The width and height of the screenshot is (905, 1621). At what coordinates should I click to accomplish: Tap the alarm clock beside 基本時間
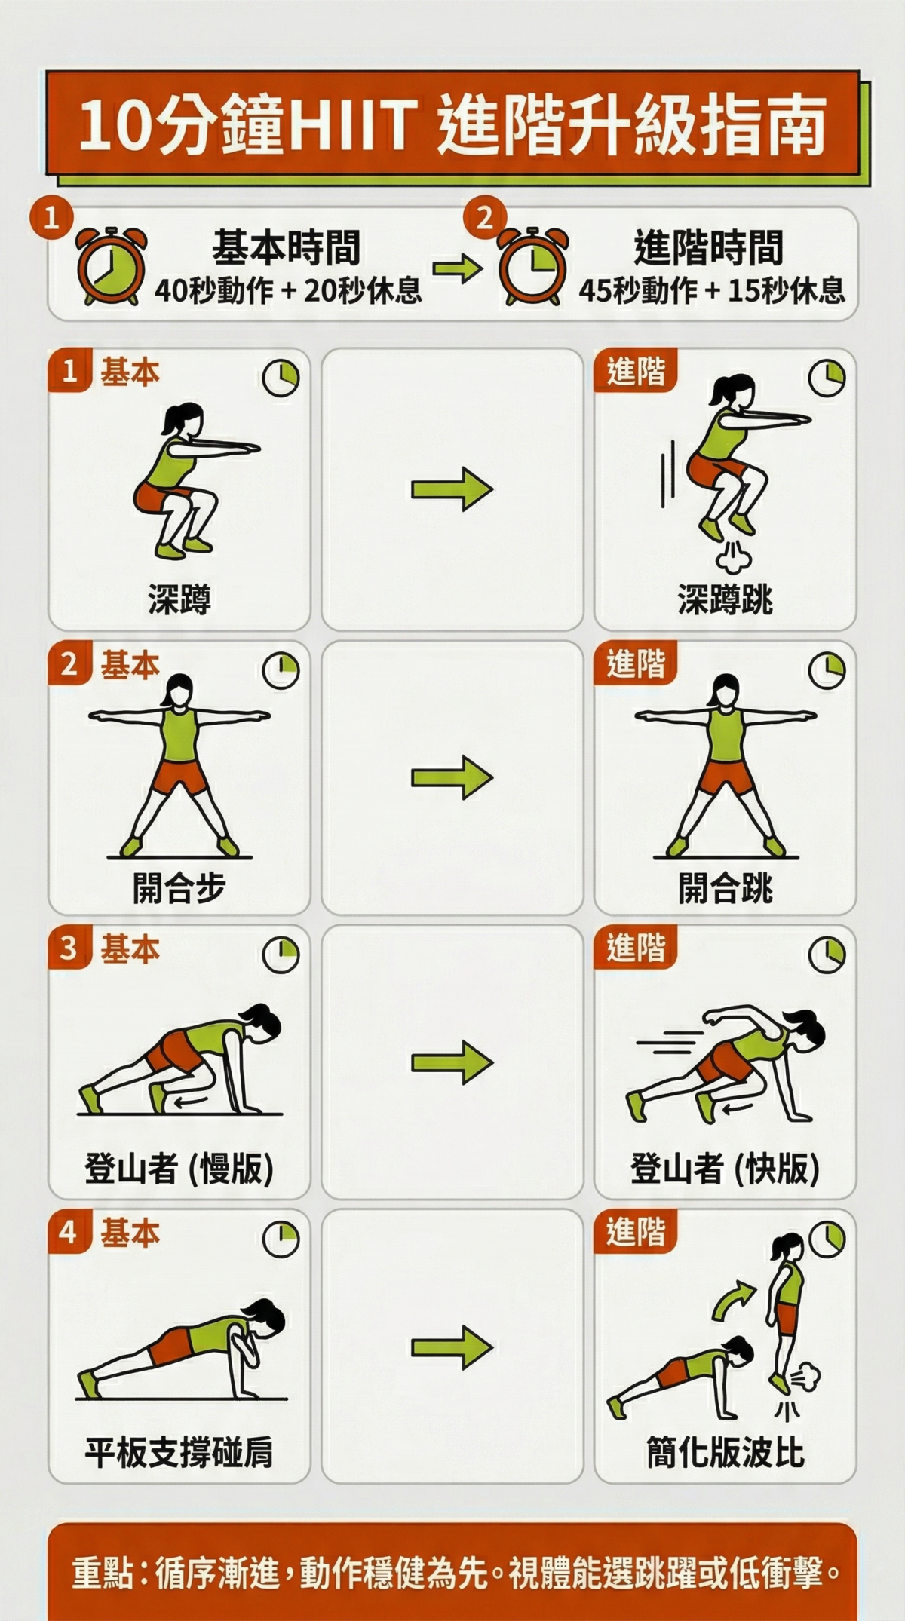(111, 266)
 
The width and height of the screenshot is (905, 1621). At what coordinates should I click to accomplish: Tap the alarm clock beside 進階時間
(532, 266)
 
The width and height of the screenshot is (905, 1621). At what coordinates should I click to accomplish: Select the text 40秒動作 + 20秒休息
(288, 290)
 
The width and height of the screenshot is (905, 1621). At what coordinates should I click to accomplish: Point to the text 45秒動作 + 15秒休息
(711, 290)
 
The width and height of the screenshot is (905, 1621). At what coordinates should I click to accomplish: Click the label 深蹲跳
(725, 600)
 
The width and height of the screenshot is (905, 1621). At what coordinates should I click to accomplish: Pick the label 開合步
(179, 888)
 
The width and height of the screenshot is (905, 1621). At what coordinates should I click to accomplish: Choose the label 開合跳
(725, 888)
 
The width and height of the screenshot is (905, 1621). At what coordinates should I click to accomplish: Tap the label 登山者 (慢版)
(179, 1169)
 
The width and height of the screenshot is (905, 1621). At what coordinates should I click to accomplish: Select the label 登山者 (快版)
(725, 1169)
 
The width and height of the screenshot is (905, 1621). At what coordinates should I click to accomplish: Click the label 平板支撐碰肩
(179, 1453)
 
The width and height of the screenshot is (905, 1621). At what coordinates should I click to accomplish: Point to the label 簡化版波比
(725, 1453)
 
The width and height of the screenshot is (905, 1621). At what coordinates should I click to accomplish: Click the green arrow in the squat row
(452, 489)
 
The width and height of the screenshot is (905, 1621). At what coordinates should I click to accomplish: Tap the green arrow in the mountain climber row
(452, 1062)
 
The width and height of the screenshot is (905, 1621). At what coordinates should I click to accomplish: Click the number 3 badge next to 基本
(69, 948)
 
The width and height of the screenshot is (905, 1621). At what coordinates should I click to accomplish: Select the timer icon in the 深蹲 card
(281, 377)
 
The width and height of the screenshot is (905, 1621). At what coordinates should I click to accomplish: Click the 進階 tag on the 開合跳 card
(636, 664)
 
